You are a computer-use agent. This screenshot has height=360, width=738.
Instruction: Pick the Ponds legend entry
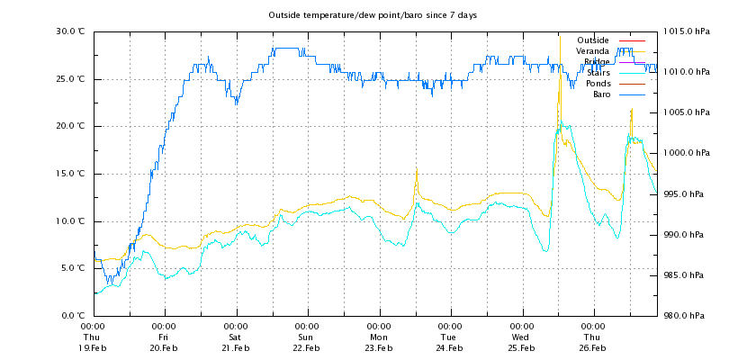click(x=598, y=84)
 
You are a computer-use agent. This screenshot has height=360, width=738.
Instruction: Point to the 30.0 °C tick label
click(x=70, y=31)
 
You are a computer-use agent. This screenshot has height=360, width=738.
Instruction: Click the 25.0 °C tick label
click(x=70, y=79)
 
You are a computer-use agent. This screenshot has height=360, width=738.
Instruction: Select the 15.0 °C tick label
click(x=70, y=174)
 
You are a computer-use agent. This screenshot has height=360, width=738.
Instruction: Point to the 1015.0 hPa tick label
click(x=687, y=31)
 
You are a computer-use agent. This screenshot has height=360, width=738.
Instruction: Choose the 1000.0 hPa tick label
click(x=687, y=153)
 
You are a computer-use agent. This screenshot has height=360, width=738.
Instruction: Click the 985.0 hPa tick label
click(x=688, y=275)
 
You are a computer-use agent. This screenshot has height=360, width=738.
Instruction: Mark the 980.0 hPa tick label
click(x=688, y=316)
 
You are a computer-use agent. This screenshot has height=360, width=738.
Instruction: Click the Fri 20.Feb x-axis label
click(x=164, y=337)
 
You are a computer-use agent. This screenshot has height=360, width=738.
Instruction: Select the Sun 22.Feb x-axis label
click(x=307, y=337)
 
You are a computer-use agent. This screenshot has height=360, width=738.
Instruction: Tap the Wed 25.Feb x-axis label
click(x=521, y=337)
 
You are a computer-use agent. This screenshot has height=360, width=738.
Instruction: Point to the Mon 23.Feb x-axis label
click(x=379, y=337)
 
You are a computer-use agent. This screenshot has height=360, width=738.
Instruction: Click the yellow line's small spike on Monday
click(x=416, y=171)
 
